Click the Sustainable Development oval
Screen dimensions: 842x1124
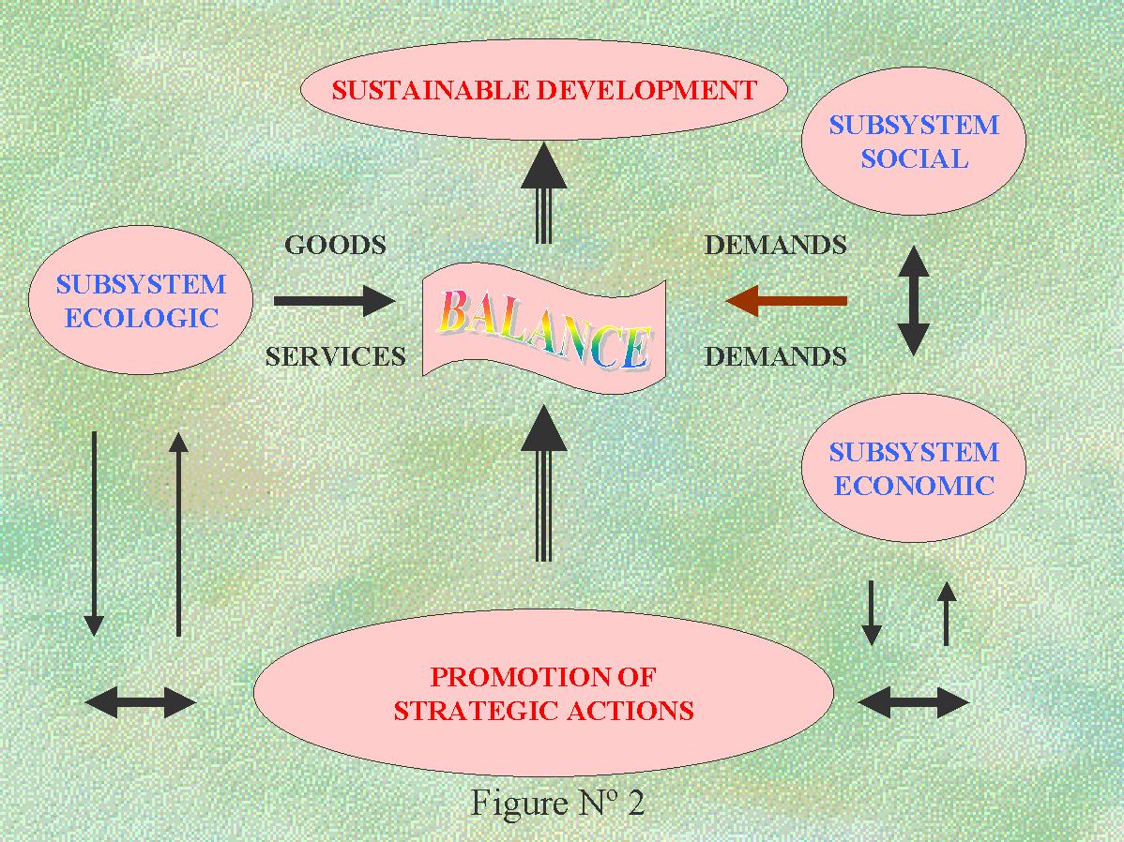pos(543,90)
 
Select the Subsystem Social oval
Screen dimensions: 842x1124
pos(913,142)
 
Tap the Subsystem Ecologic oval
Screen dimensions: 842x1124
pos(141,301)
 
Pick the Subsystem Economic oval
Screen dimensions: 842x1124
pos(913,469)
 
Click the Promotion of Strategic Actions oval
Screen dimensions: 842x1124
pos(543,693)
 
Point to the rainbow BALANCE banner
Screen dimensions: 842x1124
pos(543,324)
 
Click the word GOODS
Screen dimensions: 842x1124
pos(335,246)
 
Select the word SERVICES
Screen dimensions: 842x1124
pos(335,356)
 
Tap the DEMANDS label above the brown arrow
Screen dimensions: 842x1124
pos(775,246)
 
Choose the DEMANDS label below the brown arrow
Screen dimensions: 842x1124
pos(775,356)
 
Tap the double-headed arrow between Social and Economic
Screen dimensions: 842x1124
pos(913,301)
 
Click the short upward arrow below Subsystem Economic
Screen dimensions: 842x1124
pos(946,613)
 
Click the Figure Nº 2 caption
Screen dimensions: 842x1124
pos(557,804)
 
